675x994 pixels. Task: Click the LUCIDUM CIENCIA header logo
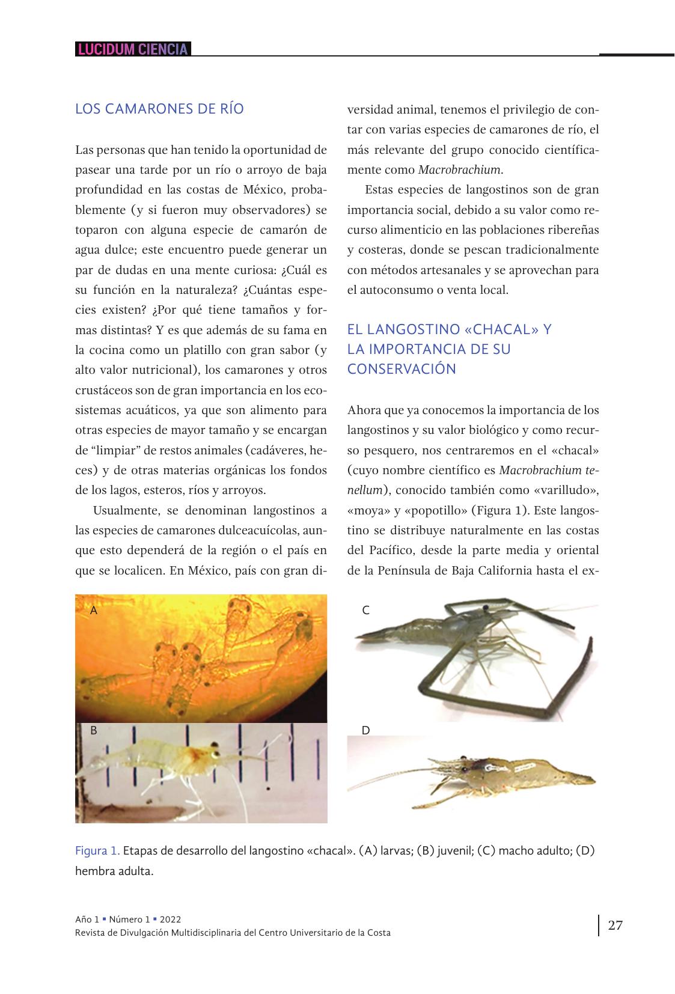(133, 49)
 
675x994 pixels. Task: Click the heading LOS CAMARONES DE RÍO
(159, 109)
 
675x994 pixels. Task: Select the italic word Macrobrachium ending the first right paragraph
(460, 169)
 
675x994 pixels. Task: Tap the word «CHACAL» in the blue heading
(498, 329)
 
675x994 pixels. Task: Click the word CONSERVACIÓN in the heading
(402, 369)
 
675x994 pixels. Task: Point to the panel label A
(93, 611)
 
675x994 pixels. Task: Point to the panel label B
(93, 731)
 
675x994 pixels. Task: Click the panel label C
(365, 611)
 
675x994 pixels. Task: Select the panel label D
(365, 731)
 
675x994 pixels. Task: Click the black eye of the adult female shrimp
(463, 758)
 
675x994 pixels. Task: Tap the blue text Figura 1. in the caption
(97, 851)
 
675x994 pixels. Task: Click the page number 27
(615, 925)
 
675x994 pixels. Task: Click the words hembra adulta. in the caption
(114, 871)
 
